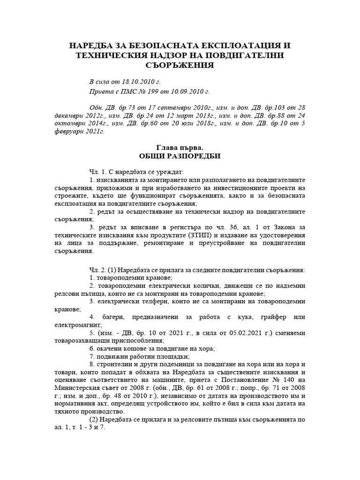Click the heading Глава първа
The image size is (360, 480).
pos(180,148)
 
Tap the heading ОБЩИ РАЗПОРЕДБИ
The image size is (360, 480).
pos(180,156)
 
